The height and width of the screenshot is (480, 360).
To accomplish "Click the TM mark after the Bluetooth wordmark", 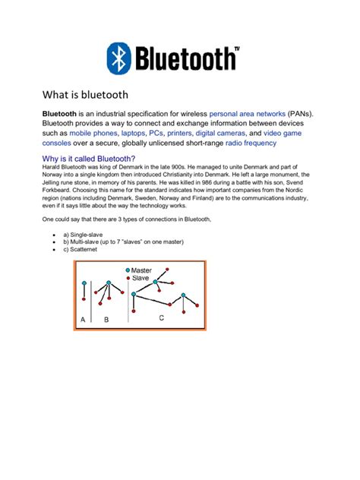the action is pyautogui.click(x=236, y=48).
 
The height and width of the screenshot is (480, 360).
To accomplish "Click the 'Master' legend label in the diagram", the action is pyautogui.click(x=141, y=270).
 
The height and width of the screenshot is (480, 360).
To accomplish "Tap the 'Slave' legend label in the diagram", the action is pyautogui.click(x=140, y=279).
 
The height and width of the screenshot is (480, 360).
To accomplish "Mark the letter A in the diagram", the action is pyautogui.click(x=82, y=321).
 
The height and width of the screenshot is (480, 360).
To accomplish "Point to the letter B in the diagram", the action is pyautogui.click(x=106, y=321).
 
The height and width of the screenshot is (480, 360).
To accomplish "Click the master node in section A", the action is pyautogui.click(x=84, y=280).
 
